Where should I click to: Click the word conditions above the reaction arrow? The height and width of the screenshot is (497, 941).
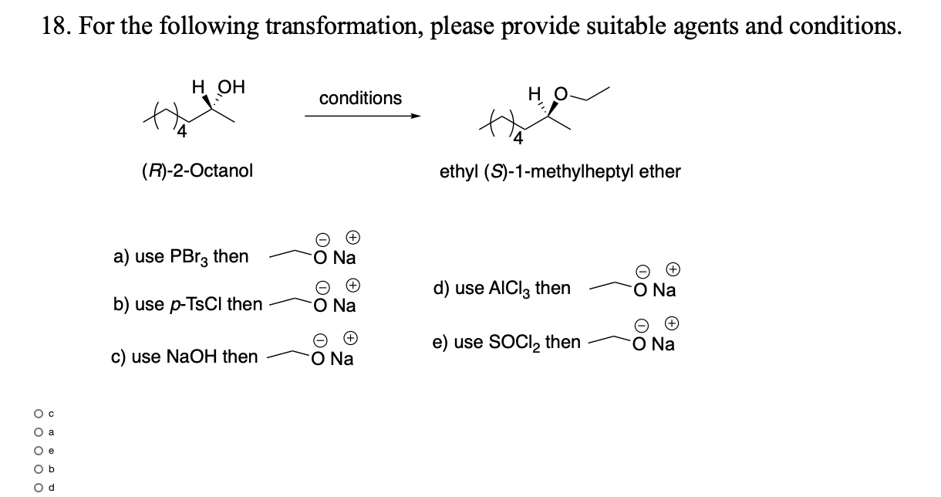[360, 99]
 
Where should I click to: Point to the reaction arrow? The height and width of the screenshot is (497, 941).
[363, 117]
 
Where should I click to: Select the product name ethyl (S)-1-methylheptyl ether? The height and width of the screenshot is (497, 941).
[560, 171]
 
